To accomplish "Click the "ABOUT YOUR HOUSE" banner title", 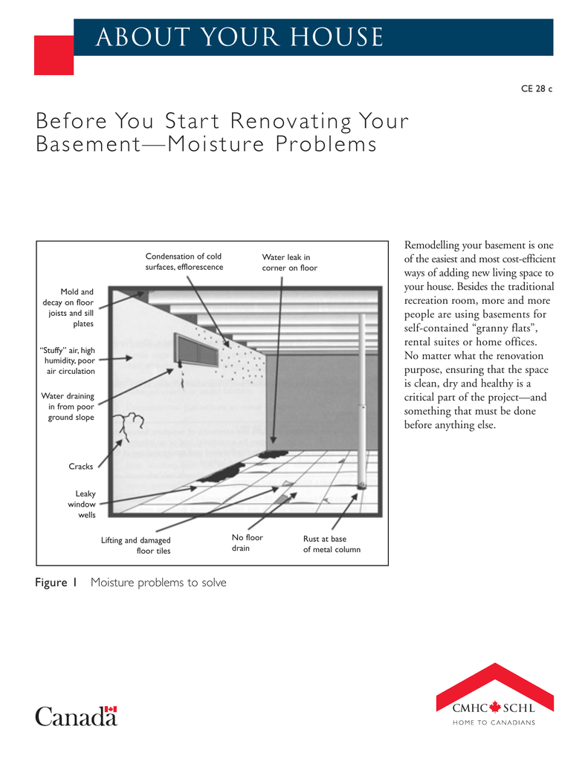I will (239, 37).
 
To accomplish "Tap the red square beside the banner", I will (54, 54).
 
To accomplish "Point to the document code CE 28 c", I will (537, 88).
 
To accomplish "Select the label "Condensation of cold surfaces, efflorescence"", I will (184, 262).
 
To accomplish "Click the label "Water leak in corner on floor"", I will (289, 262).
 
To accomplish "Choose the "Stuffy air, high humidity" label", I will (67, 360).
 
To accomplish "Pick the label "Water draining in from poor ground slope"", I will (68, 407).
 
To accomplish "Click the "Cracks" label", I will (81, 467).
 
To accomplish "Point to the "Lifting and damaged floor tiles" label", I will (136, 545).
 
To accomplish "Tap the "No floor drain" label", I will (248, 543).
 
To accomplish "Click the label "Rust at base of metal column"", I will (332, 544).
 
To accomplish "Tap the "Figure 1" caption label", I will (56, 583).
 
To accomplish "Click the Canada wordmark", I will (76, 716).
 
